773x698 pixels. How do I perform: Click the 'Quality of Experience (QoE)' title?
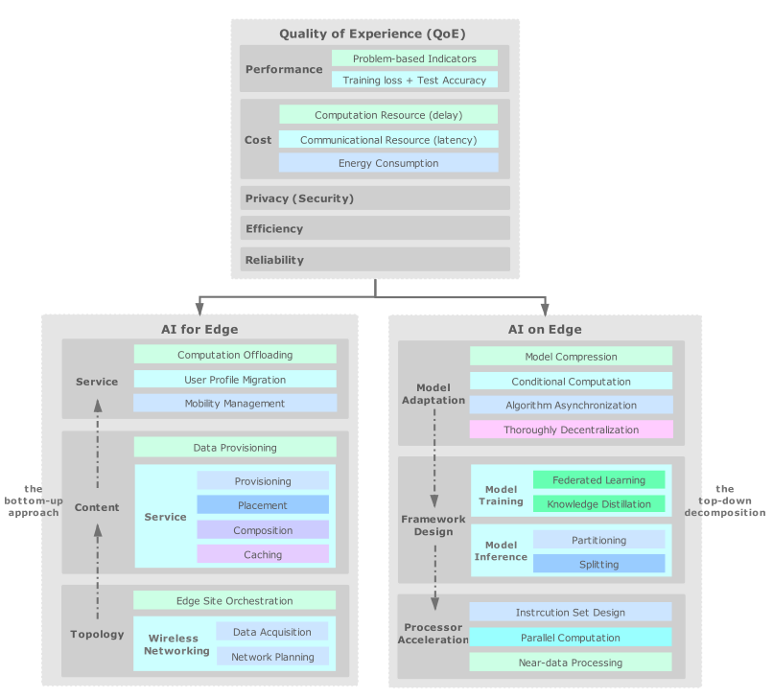click(x=372, y=34)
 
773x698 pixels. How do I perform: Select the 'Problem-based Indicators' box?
click(x=414, y=58)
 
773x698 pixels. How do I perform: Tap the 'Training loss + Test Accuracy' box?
click(x=414, y=81)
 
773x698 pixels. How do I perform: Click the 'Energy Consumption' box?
click(x=388, y=163)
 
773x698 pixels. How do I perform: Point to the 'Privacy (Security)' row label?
click(x=299, y=198)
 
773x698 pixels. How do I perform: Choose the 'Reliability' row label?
click(x=274, y=260)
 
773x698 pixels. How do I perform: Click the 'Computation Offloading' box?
click(x=235, y=355)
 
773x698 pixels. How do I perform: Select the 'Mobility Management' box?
click(x=235, y=404)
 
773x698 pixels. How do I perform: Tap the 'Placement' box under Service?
click(x=263, y=505)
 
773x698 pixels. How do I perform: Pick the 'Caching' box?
click(x=263, y=554)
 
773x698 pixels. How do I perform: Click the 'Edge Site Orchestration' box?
click(x=235, y=601)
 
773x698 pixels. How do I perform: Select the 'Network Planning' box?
click(x=271, y=658)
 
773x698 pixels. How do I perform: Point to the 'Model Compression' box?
click(x=571, y=357)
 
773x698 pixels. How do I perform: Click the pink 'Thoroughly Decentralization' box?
click(x=571, y=430)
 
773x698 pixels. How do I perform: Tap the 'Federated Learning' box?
click(x=598, y=480)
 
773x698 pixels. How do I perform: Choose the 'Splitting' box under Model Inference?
click(x=598, y=565)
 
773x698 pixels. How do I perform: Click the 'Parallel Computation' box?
click(x=571, y=638)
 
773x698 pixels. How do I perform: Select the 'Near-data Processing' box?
click(x=571, y=663)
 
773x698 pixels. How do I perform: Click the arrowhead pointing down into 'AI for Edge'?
click(x=199, y=308)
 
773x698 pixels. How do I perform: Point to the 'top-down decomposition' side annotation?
click(x=724, y=500)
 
